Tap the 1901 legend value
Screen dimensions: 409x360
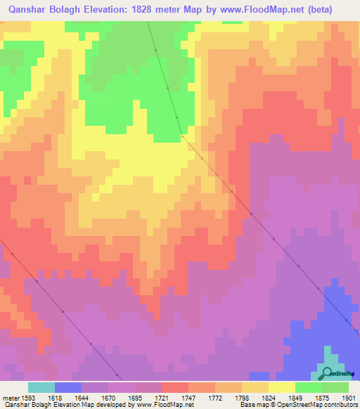[348, 397]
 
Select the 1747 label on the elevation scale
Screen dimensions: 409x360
[188, 397]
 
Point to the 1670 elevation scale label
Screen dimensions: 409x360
[108, 397]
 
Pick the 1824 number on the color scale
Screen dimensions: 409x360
[268, 397]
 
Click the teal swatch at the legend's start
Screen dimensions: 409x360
[41, 387]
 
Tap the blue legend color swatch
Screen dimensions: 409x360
[67, 387]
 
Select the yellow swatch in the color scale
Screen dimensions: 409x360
[281, 387]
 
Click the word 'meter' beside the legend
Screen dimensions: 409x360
[9, 397]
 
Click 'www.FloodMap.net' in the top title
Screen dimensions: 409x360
[262, 8]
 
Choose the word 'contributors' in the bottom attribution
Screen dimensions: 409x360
[340, 405]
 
